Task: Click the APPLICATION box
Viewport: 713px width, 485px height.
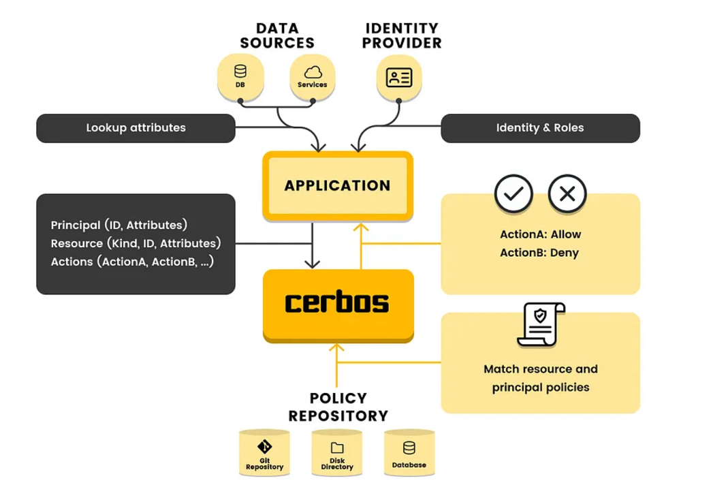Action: point(338,186)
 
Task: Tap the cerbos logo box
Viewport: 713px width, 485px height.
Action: point(338,303)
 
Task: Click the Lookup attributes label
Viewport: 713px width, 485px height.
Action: point(136,128)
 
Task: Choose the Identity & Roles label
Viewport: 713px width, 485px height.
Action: point(539,128)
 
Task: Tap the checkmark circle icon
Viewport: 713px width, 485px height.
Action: point(513,194)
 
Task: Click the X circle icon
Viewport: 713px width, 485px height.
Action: point(567,194)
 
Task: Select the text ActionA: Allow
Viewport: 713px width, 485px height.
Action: point(540,234)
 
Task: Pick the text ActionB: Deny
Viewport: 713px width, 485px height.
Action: point(540,253)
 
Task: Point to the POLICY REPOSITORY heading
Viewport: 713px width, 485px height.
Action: point(338,407)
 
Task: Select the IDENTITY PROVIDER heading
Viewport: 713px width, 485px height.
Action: point(402,35)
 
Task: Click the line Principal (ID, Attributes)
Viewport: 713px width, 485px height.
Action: point(118,225)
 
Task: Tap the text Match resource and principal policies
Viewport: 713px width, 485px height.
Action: point(540,378)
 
